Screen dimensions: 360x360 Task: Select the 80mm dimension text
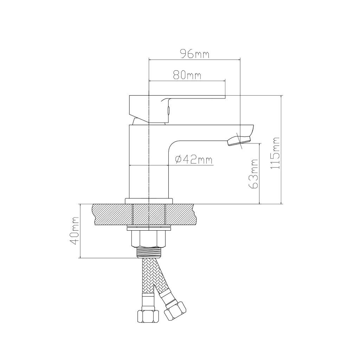point(187,75)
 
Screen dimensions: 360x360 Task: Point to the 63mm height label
point(253,174)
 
